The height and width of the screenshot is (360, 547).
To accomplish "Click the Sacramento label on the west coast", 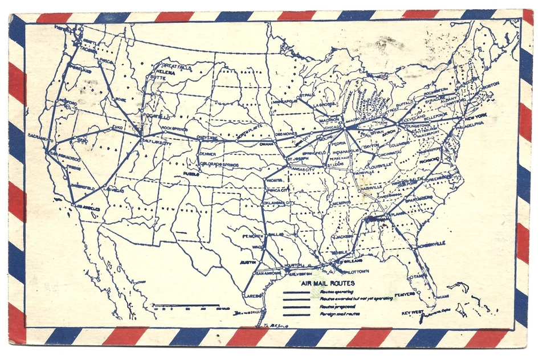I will (x=42, y=138).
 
